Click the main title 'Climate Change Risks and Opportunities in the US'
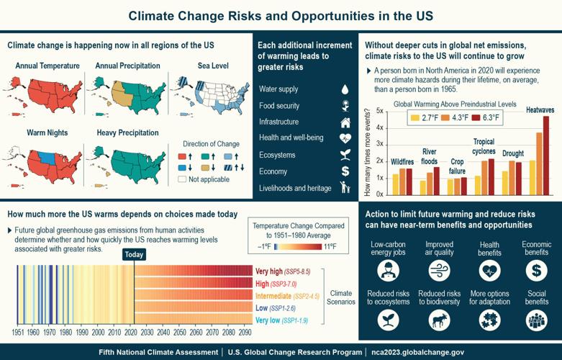[281, 15]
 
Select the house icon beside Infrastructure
[345, 122]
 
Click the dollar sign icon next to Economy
[345, 171]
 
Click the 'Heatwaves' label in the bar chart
[540, 110]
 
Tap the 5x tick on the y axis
[380, 111]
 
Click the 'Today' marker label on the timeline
[134, 255]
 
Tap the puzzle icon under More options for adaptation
[489, 320]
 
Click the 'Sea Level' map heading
[213, 66]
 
